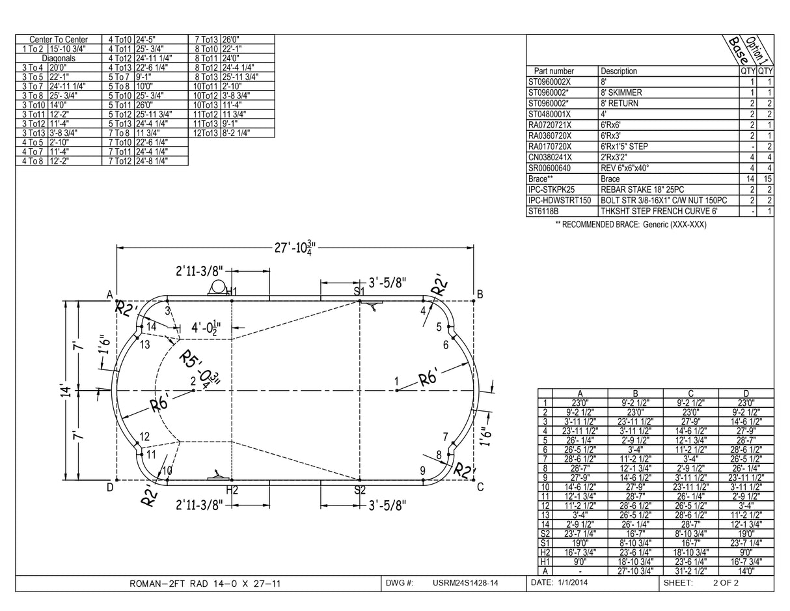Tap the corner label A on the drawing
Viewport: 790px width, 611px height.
point(110,294)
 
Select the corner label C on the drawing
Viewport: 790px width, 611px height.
point(480,487)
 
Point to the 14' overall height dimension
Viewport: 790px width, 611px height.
point(67,390)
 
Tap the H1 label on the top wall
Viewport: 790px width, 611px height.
point(232,291)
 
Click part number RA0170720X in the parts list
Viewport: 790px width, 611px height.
point(550,146)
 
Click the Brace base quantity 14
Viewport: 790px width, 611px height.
point(750,178)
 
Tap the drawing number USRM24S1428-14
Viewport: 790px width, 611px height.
point(465,583)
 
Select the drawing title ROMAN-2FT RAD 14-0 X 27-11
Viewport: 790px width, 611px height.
point(205,584)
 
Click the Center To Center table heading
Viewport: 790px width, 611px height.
point(59,40)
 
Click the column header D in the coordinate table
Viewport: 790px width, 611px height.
point(746,393)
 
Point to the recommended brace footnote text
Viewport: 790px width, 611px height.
point(630,225)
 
